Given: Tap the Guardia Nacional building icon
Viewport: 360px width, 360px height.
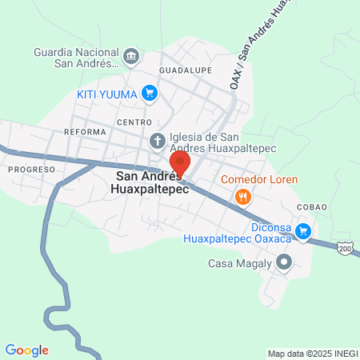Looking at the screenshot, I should pyautogui.click(x=132, y=56).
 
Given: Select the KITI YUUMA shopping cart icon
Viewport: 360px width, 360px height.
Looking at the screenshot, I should pyautogui.click(x=149, y=94).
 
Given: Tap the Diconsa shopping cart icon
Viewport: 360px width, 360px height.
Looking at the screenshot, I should pyautogui.click(x=303, y=232).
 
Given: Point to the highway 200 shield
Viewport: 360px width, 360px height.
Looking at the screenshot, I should pyautogui.click(x=345, y=250).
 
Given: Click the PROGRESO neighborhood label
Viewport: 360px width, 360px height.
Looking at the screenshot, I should pyautogui.click(x=31, y=170).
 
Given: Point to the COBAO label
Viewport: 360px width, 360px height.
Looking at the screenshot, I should pyautogui.click(x=312, y=206).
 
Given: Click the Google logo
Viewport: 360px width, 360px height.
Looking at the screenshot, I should pyautogui.click(x=27, y=350).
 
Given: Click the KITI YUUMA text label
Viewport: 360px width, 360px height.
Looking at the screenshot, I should pyautogui.click(x=108, y=94).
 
